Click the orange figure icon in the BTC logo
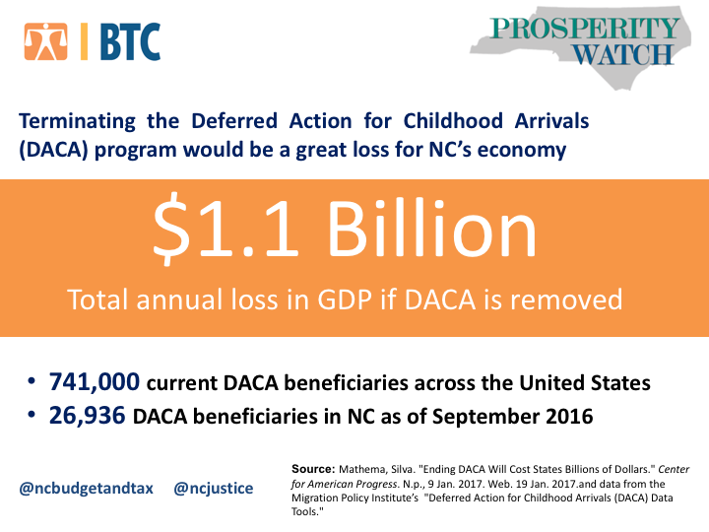(x=46, y=41)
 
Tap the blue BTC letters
(x=130, y=41)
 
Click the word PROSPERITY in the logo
(x=584, y=28)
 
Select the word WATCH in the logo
(x=623, y=55)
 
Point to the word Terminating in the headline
(x=77, y=122)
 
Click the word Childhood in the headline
(x=453, y=121)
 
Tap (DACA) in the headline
(x=53, y=150)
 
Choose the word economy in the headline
(x=521, y=151)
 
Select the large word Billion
(x=432, y=227)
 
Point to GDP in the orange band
(x=345, y=299)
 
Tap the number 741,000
(x=95, y=381)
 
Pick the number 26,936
(x=88, y=416)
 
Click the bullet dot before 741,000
(x=32, y=381)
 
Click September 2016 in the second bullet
(x=512, y=417)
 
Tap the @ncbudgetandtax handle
(x=87, y=489)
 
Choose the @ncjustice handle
(x=214, y=488)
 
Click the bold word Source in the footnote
(x=313, y=469)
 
